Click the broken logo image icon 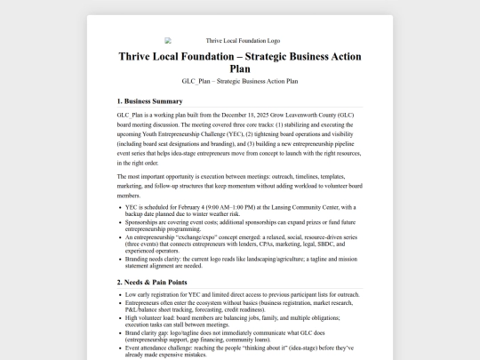(x=168, y=41)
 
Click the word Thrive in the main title (x=141, y=56)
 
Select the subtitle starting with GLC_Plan (x=239, y=81)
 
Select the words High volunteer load (x=154, y=317)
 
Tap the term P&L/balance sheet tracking (x=164, y=309)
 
